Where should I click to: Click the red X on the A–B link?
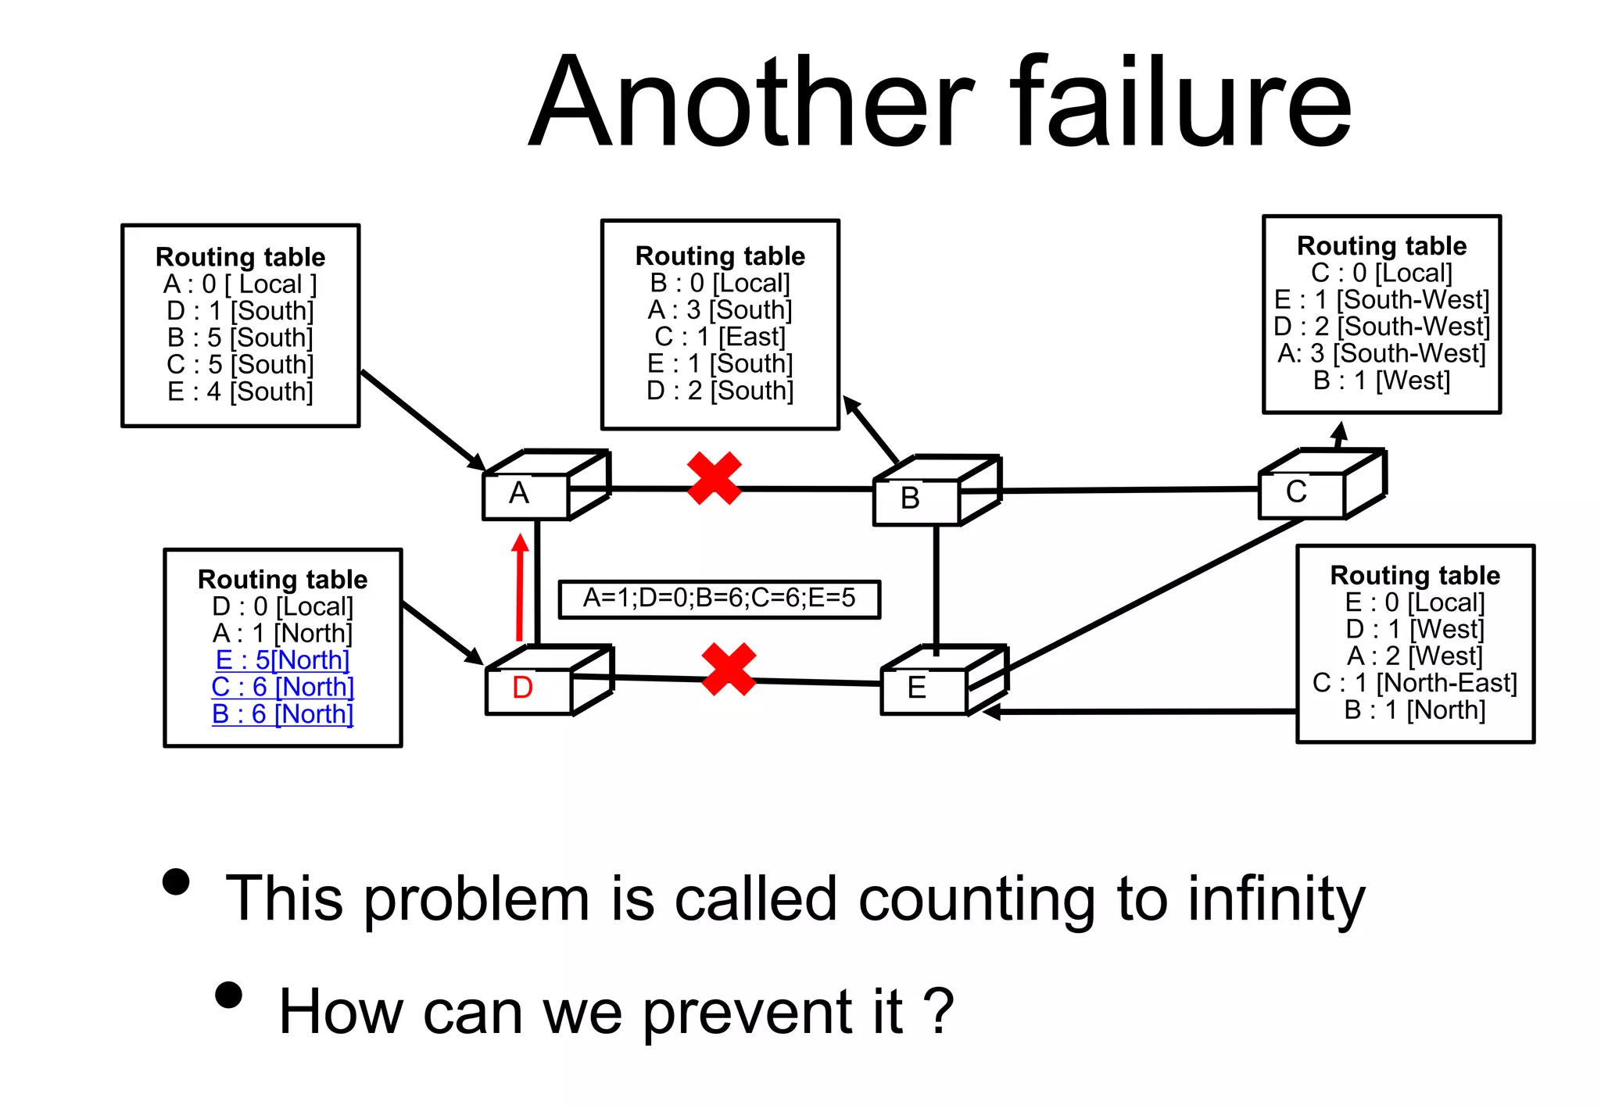[x=714, y=478]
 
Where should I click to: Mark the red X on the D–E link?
[x=729, y=669]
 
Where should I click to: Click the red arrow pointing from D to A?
[x=520, y=586]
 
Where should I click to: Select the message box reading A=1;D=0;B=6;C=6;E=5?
[x=719, y=599]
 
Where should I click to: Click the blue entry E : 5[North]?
[x=282, y=659]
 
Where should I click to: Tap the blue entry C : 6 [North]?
[x=282, y=687]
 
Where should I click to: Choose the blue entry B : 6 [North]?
[x=282, y=713]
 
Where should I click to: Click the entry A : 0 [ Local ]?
[x=240, y=284]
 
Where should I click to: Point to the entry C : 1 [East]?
[x=720, y=337]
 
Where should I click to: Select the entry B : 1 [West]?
[x=1381, y=381]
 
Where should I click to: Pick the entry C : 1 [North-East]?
[x=1415, y=683]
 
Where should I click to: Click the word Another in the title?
[x=750, y=102]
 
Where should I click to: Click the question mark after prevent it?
[x=938, y=1011]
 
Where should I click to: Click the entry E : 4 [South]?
[x=240, y=391]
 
